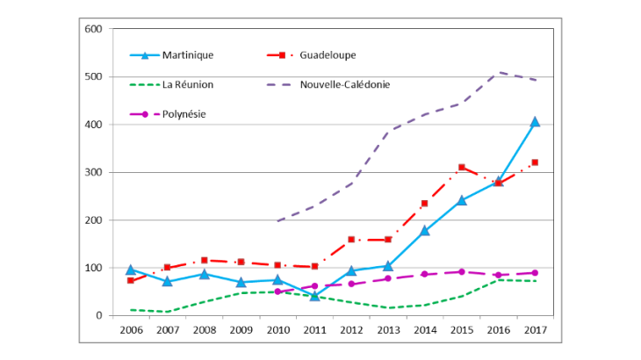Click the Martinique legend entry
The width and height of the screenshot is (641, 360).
pyautogui.click(x=188, y=54)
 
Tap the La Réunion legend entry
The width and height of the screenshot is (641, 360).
pyautogui.click(x=187, y=84)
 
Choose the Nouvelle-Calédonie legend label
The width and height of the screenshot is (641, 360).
pyautogui.click(x=344, y=84)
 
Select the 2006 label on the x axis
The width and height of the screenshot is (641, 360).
pyautogui.click(x=130, y=328)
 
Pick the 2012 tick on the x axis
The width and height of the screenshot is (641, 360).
pyautogui.click(x=350, y=328)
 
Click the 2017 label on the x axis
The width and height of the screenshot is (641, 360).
pyautogui.click(x=534, y=328)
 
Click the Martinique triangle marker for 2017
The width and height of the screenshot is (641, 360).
pyautogui.click(x=534, y=122)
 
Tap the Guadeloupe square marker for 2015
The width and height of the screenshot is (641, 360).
pyautogui.click(x=461, y=167)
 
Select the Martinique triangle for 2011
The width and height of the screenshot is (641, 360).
pyautogui.click(x=313, y=295)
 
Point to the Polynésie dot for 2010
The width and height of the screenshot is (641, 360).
pyautogui.click(x=277, y=292)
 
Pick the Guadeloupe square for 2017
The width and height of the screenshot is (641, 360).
pyautogui.click(x=534, y=162)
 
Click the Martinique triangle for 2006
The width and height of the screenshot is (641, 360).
pyautogui.click(x=130, y=270)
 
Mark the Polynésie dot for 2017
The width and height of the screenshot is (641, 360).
pyautogui.click(x=534, y=273)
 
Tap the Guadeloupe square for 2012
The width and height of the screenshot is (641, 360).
pyautogui.click(x=350, y=239)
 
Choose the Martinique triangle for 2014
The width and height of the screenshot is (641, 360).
pyautogui.click(x=424, y=231)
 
